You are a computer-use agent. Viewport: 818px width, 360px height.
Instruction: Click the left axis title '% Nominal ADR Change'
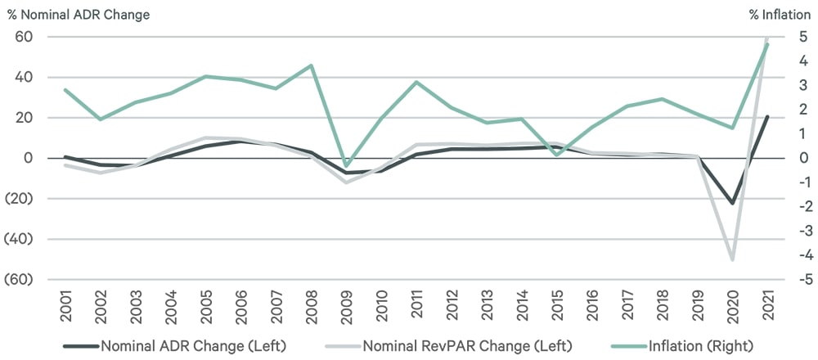point(79,14)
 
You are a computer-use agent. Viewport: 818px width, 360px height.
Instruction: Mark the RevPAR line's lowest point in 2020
point(732,259)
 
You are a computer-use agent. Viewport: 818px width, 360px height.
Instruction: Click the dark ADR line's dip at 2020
point(732,203)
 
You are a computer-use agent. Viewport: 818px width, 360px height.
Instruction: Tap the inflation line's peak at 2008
point(312,65)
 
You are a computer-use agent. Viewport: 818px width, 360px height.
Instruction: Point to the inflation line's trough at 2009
point(347,165)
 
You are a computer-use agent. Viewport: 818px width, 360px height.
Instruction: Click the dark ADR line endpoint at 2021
point(767,116)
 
